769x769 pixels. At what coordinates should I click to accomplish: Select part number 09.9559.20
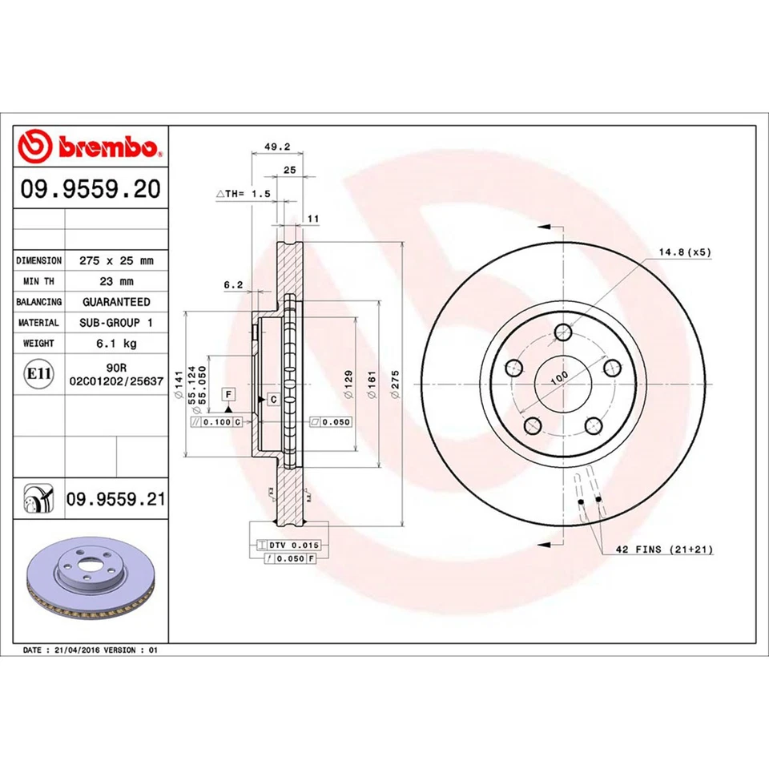91,190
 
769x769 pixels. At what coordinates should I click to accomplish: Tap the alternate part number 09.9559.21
116,500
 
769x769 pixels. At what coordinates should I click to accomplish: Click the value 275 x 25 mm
116,261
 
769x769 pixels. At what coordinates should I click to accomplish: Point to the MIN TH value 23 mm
116,282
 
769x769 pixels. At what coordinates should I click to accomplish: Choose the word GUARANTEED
116,302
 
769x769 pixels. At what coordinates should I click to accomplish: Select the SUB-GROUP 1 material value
116,323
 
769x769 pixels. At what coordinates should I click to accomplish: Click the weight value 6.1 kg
116,344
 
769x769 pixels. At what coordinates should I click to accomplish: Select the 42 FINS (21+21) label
663,550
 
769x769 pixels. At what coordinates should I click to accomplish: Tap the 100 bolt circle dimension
558,375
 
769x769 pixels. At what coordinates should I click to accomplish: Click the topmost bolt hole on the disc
565,332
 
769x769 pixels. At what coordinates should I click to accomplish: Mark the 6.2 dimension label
233,284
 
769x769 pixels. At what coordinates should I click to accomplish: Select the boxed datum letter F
229,394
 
